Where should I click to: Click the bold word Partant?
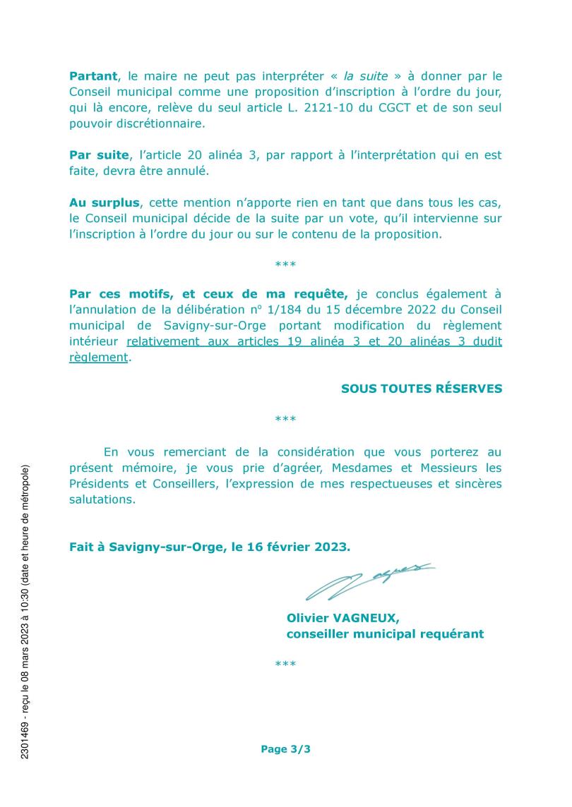tap(94, 75)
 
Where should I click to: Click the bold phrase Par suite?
tap(99, 154)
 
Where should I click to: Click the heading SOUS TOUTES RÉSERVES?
tap(422, 388)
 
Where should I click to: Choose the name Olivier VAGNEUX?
tap(343, 618)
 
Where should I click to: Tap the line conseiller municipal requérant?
tap(385, 633)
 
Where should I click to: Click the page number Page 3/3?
tap(285, 749)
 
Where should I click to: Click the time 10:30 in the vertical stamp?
tap(25, 600)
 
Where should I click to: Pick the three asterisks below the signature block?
tap(285, 665)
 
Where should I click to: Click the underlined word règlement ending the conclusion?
tap(99, 357)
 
